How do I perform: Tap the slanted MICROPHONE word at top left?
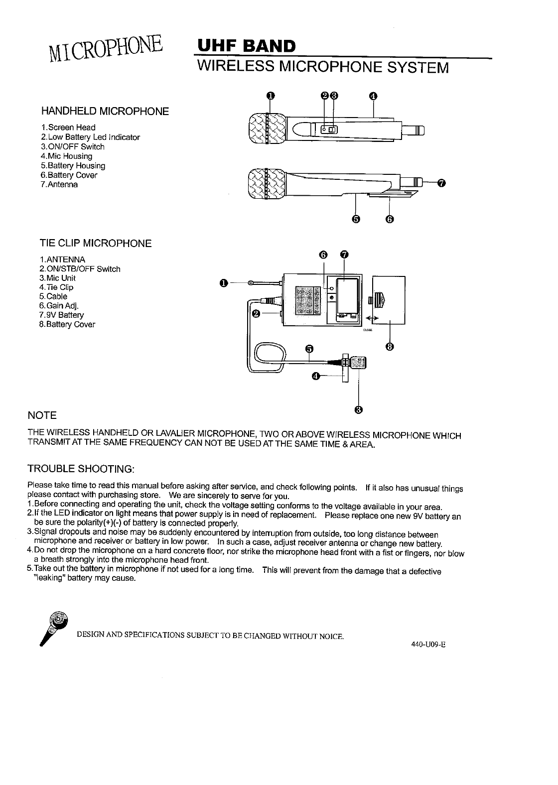(x=106, y=49)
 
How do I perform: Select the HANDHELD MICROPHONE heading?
(x=105, y=111)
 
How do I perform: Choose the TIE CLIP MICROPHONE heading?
(x=96, y=244)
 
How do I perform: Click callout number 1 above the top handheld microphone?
(x=270, y=96)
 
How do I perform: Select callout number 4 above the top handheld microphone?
(x=374, y=96)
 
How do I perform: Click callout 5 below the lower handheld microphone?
(x=356, y=219)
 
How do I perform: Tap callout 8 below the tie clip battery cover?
(x=390, y=346)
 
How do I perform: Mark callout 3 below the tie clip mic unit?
(x=358, y=410)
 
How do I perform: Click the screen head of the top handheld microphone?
(x=267, y=129)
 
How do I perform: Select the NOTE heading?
(x=42, y=415)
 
